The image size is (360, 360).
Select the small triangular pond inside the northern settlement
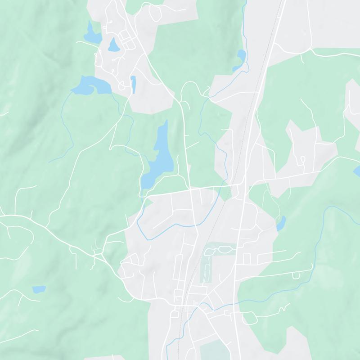tap(113, 45)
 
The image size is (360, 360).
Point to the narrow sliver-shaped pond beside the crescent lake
tap(133, 84)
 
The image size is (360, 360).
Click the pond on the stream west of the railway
tap(241, 59)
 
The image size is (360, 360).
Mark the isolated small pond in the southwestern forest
tap(39, 289)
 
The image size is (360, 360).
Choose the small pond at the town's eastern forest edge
tap(281, 223)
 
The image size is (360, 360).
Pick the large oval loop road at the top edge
tap(155, 13)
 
